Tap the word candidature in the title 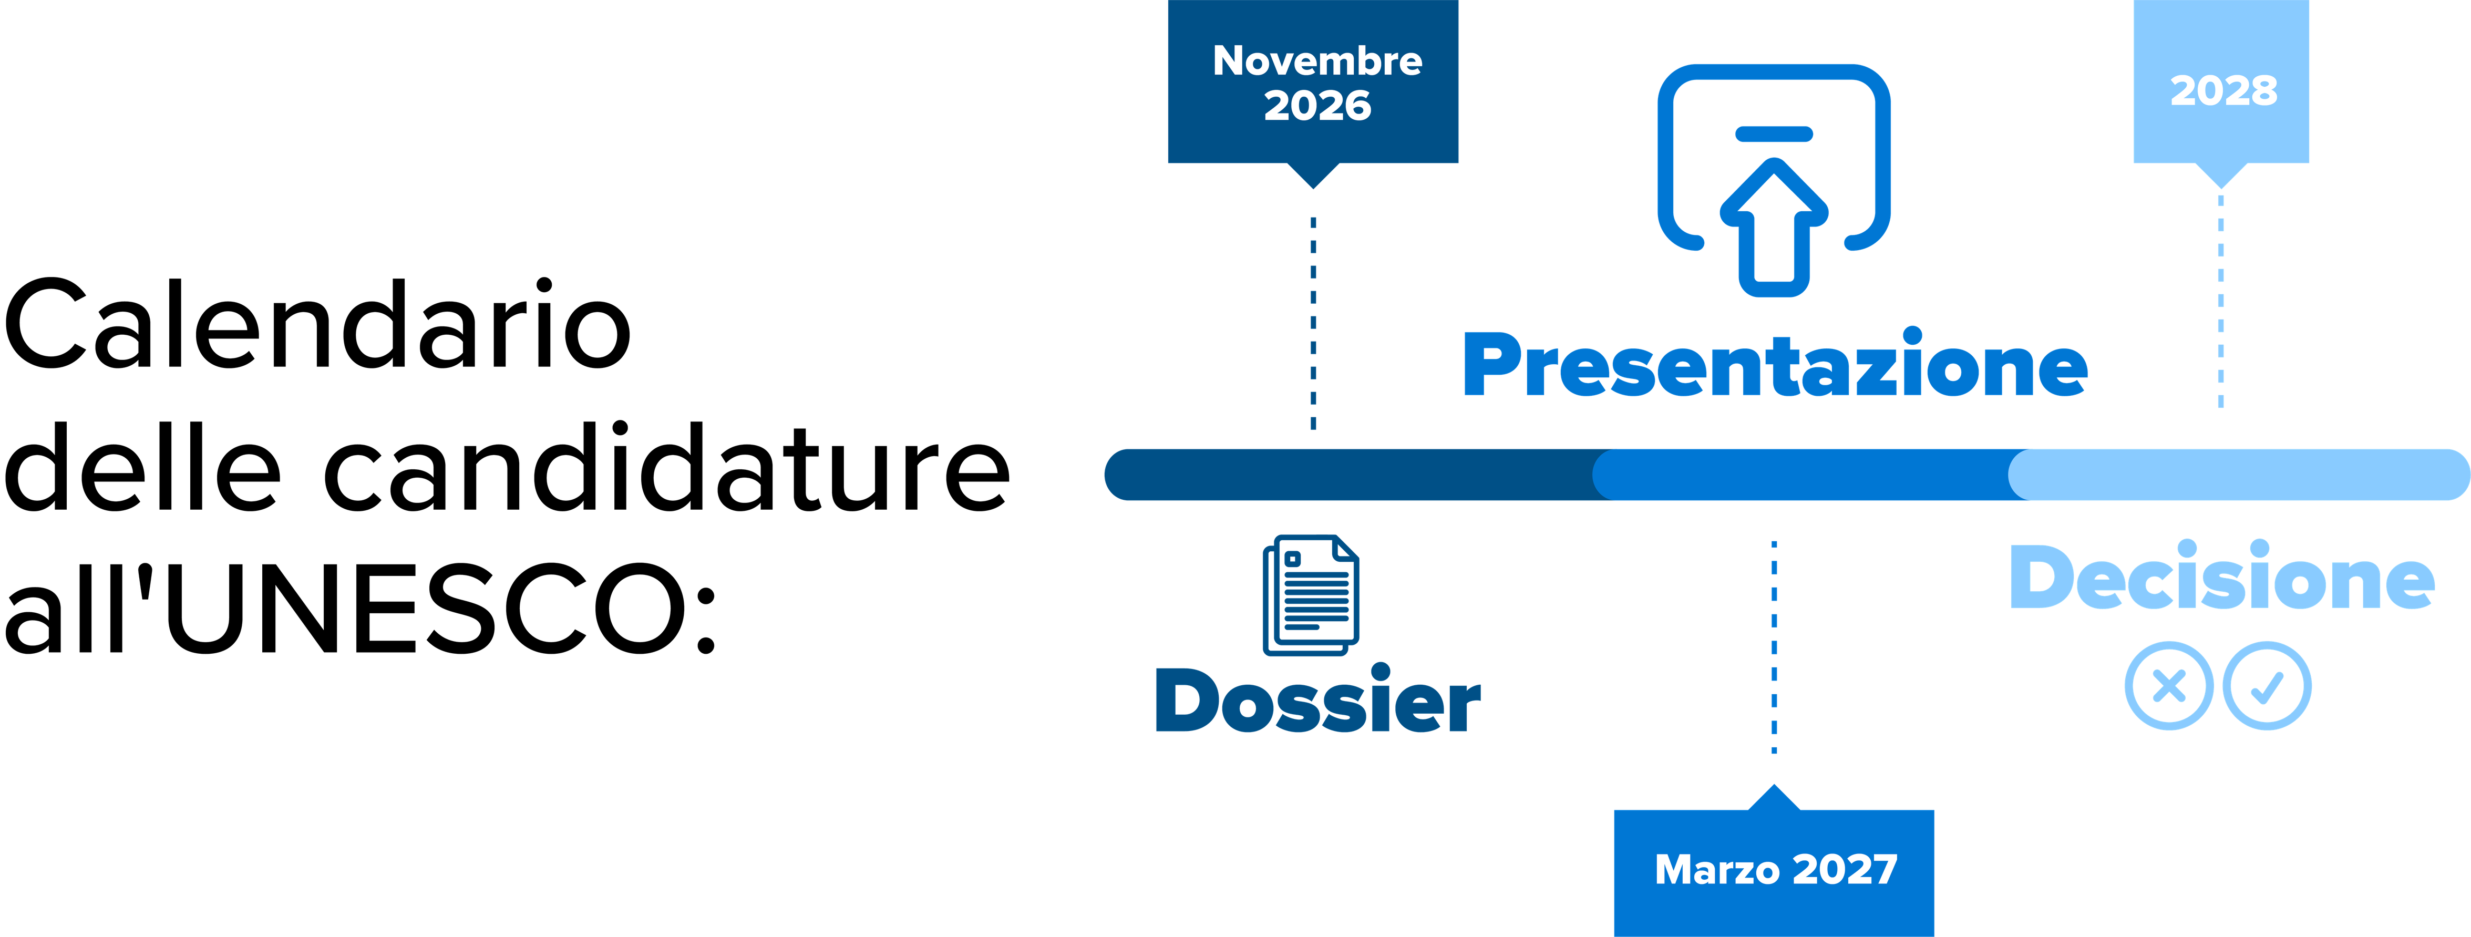pos(667,466)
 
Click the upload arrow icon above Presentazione pos(1774,180)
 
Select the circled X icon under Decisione pos(2169,686)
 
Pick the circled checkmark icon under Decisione pos(2267,686)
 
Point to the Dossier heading pos(1318,698)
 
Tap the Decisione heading pos(2221,575)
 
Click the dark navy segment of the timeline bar pos(1353,475)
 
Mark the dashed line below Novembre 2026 pos(1313,323)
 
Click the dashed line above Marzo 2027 pos(1774,647)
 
